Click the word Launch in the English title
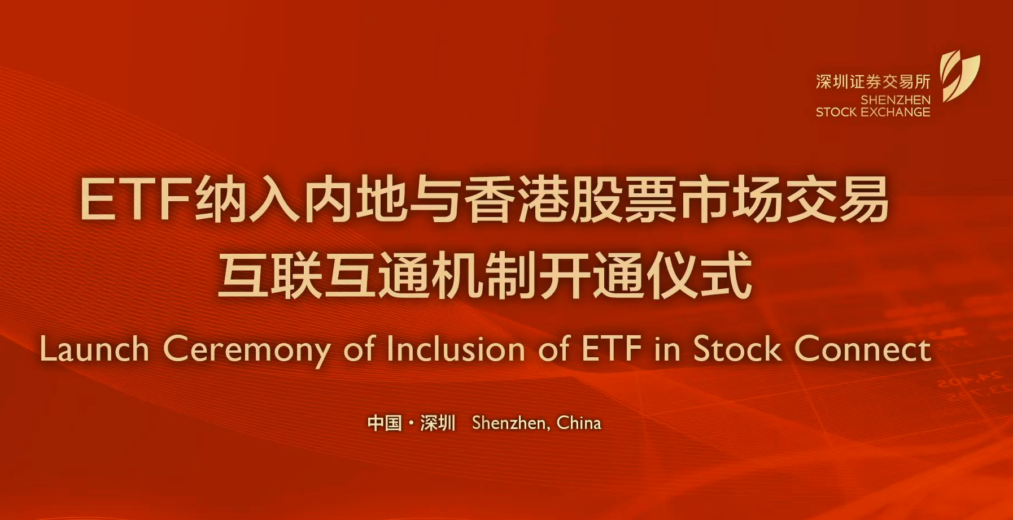coord(94,349)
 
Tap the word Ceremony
coord(247,350)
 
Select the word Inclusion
coord(456,349)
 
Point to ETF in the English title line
coord(611,348)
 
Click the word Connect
coord(863,349)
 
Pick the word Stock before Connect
coord(738,348)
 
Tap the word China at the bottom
coord(579,423)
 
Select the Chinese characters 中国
coord(385,423)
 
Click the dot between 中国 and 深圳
coord(411,423)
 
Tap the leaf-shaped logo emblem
coord(959,76)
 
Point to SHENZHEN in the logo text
coord(896,99)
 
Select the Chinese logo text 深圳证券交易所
coord(873,82)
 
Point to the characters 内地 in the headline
coord(356,200)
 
